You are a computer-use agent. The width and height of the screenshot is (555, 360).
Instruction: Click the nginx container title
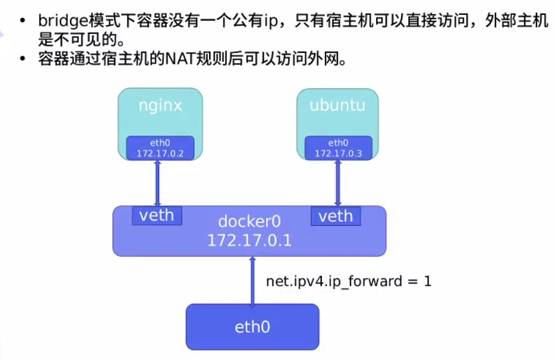coord(160,105)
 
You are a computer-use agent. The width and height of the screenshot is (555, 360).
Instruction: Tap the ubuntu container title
coord(337,105)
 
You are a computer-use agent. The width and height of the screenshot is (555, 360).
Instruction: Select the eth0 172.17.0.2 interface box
coord(160,148)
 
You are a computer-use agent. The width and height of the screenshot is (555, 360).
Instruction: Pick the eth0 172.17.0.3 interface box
coord(338,148)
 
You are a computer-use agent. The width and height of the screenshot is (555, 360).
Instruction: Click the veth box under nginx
coord(157,216)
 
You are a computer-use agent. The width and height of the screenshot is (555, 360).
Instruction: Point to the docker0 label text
coord(249,221)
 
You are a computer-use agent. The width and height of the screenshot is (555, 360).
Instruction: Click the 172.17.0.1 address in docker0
coord(249,240)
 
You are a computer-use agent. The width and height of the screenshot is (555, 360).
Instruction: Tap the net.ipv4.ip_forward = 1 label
coord(348,281)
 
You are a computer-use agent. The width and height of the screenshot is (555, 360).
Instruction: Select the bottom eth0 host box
coord(252,327)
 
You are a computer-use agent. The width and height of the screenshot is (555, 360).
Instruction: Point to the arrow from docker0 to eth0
coord(253,280)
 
